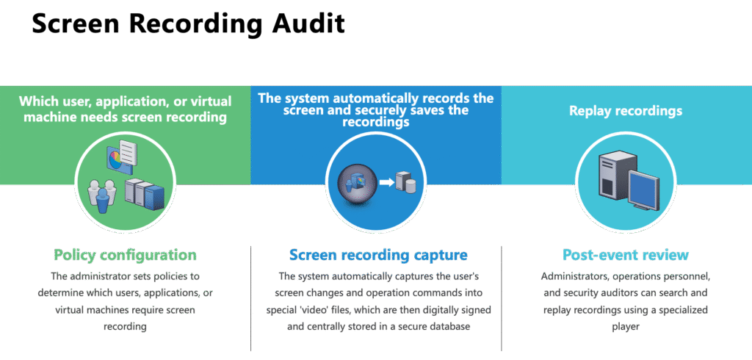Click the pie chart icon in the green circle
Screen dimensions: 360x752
[112, 159]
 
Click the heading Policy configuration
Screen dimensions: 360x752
[125, 255]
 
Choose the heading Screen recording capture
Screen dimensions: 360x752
[377, 255]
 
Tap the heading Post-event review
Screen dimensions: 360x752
[625, 255]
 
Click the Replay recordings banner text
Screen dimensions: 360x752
[626, 112]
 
